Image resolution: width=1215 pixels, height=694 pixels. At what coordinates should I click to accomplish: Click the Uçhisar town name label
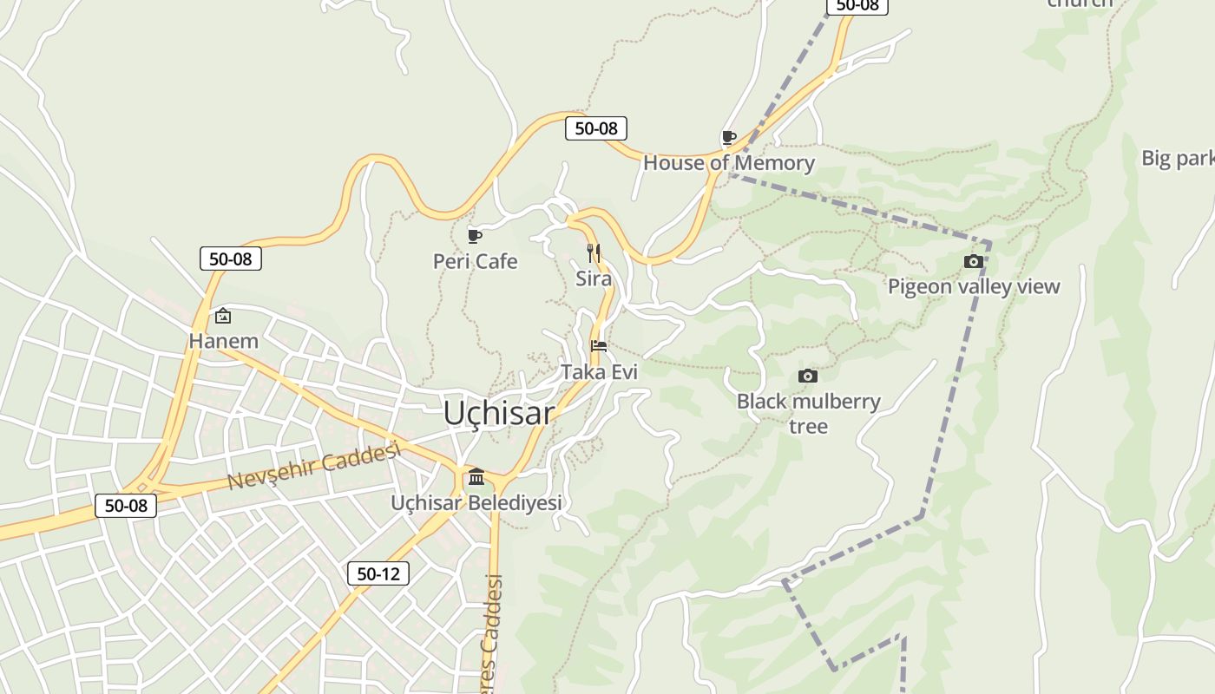(x=498, y=413)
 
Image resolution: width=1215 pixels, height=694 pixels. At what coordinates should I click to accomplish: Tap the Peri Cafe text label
(x=475, y=261)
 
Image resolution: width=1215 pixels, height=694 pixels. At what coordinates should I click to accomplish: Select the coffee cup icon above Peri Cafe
(x=475, y=236)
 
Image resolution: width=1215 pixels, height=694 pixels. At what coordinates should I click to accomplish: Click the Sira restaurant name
(x=594, y=278)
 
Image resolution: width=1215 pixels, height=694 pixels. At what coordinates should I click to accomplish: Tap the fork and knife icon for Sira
(x=594, y=253)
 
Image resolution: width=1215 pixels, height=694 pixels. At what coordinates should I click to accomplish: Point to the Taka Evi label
(x=599, y=372)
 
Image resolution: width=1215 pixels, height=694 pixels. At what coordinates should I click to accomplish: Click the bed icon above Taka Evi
(x=599, y=346)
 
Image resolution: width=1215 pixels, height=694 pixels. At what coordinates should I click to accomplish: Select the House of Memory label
(x=728, y=163)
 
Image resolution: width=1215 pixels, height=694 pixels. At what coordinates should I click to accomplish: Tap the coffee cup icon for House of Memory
(x=729, y=137)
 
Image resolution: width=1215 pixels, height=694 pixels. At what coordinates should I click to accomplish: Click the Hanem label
(x=224, y=341)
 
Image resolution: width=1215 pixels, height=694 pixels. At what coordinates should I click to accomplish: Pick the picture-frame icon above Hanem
(x=223, y=316)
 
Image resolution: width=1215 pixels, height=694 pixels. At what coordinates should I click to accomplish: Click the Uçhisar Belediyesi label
(x=476, y=502)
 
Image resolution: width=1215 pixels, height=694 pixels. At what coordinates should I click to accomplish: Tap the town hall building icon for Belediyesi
(x=476, y=476)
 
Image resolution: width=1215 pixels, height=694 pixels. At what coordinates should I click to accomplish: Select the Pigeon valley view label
(x=974, y=286)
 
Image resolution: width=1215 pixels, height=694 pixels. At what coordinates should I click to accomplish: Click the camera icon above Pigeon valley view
(x=974, y=261)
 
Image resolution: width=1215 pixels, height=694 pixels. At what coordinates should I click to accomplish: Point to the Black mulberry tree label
(x=808, y=413)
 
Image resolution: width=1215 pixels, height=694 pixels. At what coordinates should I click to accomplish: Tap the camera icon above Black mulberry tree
(x=808, y=376)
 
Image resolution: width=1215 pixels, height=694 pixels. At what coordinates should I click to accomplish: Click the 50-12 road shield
(x=378, y=573)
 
